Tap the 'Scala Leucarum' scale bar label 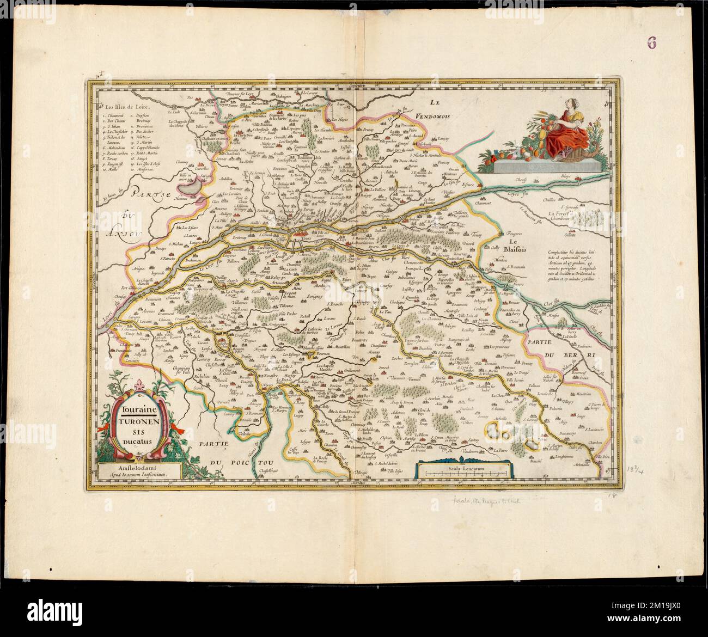462,466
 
